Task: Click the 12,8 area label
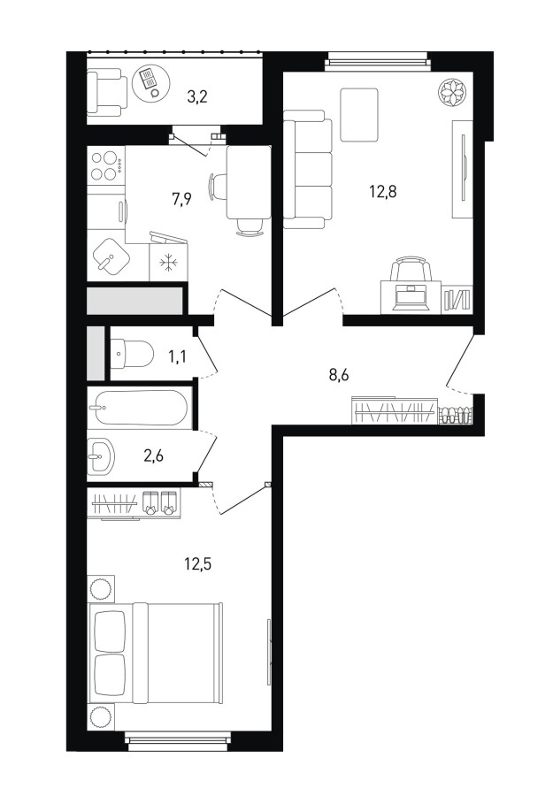click(x=383, y=192)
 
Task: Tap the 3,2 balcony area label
click(x=197, y=96)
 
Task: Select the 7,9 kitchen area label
click(x=181, y=199)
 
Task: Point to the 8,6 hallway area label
click(x=340, y=376)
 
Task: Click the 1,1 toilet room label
click(x=177, y=356)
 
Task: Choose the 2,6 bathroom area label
click(x=153, y=455)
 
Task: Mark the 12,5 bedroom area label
click(x=197, y=563)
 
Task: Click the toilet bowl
click(x=132, y=354)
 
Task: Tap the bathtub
click(x=138, y=407)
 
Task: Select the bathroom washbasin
click(x=101, y=455)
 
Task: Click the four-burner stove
click(x=106, y=165)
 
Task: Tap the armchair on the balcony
click(x=106, y=93)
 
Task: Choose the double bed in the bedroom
click(x=156, y=653)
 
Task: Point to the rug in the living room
click(x=359, y=115)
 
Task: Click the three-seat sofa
click(x=307, y=170)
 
